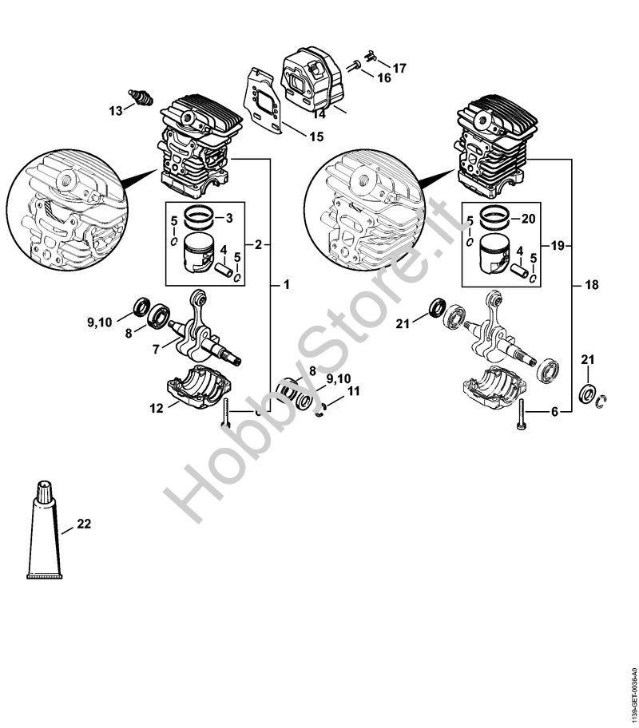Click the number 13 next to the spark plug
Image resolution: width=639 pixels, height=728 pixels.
(x=117, y=110)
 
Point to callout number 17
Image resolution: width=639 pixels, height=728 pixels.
(x=399, y=69)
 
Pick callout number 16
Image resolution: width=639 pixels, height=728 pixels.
(x=384, y=77)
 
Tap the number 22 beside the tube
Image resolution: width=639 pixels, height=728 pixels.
(x=84, y=524)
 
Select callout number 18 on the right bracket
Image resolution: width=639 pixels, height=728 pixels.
(x=591, y=283)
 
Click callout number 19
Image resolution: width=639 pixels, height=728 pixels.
(x=557, y=244)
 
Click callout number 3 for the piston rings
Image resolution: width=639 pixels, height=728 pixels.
(x=229, y=218)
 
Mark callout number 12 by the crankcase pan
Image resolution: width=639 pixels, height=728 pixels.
(x=156, y=407)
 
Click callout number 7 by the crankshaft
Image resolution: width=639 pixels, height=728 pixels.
(x=157, y=347)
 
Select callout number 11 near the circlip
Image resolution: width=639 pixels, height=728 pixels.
(x=353, y=391)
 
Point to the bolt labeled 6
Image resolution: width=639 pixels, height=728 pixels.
(x=522, y=415)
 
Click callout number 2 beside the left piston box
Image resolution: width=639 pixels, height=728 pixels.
(x=258, y=244)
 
